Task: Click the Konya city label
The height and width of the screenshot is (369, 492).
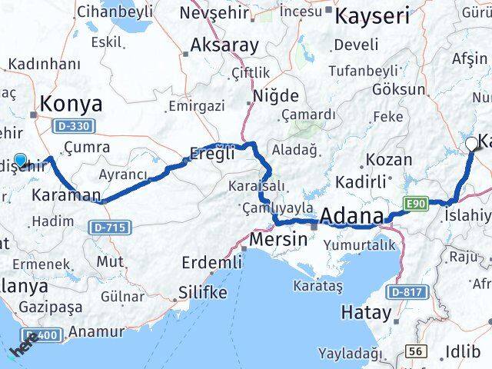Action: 71,103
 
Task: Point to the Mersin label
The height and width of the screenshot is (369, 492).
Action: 278,239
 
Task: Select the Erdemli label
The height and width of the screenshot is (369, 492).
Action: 211,263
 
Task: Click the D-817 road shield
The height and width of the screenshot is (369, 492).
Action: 405,291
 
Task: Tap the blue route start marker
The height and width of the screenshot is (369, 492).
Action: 21,161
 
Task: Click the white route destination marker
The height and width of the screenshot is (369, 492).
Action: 471,143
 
